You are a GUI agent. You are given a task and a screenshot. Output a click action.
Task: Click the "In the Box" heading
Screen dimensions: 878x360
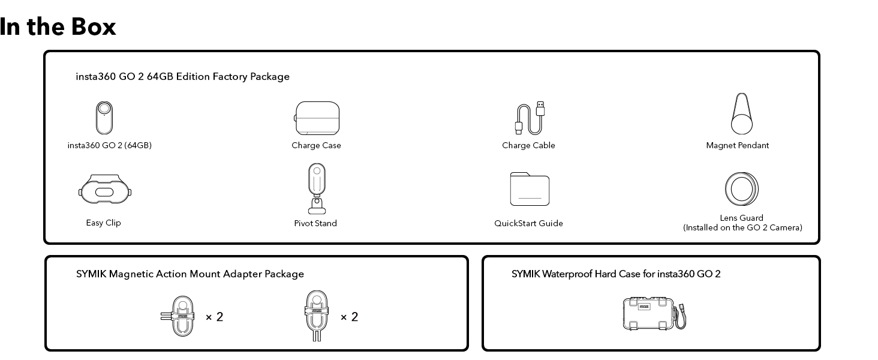coord(58,27)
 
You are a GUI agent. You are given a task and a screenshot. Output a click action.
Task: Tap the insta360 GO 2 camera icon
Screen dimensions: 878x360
coord(104,118)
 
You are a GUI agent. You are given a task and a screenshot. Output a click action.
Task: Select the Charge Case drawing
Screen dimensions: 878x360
coord(317,118)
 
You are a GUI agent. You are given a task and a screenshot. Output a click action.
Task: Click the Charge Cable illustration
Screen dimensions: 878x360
coord(531,118)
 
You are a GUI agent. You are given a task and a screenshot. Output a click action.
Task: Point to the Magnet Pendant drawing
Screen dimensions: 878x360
coord(742,114)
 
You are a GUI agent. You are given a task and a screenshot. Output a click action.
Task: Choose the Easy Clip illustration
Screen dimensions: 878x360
coord(106,191)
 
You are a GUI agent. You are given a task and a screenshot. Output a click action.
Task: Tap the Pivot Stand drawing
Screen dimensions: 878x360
coord(317,189)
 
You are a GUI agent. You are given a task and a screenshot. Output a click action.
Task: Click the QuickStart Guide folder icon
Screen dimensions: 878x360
coord(530,189)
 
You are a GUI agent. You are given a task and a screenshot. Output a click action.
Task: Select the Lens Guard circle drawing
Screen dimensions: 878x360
coord(741,189)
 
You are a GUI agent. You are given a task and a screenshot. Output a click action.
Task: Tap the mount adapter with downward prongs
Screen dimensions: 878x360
coord(317,316)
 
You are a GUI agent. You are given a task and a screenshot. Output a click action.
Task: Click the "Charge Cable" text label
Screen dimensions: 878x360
coord(528,145)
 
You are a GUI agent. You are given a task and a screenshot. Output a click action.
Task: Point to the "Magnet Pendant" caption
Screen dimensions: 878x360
coord(737,145)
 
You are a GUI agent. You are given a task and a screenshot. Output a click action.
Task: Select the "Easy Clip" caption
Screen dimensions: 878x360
coord(103,223)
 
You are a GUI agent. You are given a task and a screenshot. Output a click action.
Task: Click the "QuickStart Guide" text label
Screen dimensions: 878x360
coord(528,223)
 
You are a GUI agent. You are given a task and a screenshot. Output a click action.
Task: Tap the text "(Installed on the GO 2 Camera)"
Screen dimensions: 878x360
coord(742,228)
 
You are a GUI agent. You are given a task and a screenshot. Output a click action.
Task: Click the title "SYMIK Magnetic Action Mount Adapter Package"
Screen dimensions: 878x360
coord(190,274)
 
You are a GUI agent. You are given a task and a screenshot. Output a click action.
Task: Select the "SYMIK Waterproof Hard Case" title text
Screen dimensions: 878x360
coord(616,274)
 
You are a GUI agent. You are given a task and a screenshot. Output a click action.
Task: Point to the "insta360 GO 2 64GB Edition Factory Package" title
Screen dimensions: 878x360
coord(182,77)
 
